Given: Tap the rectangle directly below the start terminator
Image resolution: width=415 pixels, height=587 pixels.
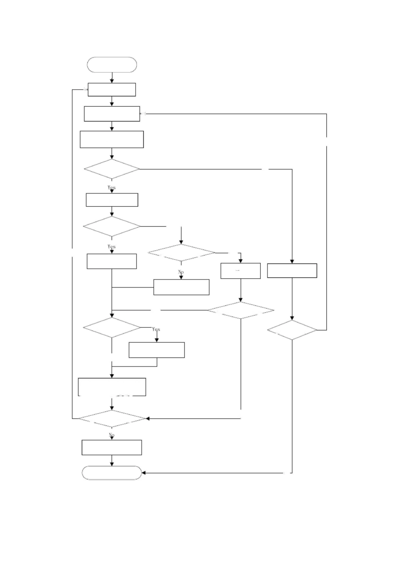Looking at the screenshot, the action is coord(112,90).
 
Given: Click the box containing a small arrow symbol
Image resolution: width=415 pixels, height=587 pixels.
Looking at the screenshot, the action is coord(240,271).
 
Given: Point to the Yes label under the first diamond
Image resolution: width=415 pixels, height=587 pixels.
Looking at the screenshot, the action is coord(111,187).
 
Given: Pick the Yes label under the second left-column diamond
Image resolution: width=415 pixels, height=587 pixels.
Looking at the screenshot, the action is coord(111,246).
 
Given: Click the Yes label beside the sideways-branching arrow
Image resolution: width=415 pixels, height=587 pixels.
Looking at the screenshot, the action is coord(156,329).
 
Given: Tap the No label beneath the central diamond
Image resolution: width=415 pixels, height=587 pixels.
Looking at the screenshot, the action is coord(181,272).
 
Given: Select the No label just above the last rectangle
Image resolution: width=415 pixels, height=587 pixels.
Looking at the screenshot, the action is coord(112,435).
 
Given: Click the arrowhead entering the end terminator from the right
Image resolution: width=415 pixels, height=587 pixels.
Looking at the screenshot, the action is coord(144,473).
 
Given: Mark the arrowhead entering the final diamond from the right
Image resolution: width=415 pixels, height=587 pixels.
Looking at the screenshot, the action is coord(147,418).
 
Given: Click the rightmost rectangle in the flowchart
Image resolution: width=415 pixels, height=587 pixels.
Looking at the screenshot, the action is coord(292,270).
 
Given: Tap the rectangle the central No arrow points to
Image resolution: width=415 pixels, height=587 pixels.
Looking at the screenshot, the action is coord(181,287).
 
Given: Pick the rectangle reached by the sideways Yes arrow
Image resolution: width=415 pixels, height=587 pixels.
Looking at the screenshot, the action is coord(156,350).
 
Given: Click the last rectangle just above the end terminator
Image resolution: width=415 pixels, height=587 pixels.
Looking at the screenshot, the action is coord(112,447).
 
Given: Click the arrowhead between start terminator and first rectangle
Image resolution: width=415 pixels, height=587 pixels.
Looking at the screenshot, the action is coord(112,81).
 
